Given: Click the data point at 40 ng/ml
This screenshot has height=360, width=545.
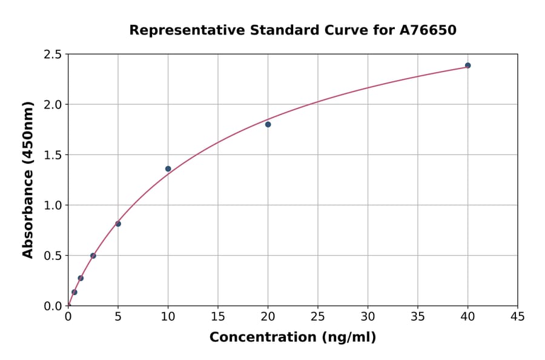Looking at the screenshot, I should coord(467,65).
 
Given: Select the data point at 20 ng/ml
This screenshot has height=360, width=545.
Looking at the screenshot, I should coord(268,124).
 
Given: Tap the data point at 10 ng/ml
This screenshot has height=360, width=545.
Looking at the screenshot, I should coord(168,168).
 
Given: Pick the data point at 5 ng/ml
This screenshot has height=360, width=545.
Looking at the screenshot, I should coord(118,224).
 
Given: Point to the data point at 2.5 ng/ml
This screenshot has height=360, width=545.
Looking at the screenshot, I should coord(93,256).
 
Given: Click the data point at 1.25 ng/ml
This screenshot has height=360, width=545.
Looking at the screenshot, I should coord(81,278).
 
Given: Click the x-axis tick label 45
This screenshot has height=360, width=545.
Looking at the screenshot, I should coord(518,316).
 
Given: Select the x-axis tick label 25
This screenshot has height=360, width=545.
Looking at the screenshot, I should coord(318,316).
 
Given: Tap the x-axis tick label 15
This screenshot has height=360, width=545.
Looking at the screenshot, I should coord(218,316).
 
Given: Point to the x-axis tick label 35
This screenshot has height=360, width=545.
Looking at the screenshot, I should coord(418,316).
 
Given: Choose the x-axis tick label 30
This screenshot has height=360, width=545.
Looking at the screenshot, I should coord(368,316).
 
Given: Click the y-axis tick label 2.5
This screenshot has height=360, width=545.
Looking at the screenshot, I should coord(53,55).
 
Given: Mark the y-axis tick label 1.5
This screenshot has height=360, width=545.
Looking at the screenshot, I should coord(53,155).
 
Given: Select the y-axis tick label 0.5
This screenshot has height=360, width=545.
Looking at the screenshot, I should coord(53,256).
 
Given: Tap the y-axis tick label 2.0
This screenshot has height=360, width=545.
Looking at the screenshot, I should coord(53,105).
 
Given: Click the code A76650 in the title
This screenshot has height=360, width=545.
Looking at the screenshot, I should coord(428,30).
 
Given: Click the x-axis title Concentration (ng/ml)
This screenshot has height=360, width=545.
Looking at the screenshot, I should coord(292,338).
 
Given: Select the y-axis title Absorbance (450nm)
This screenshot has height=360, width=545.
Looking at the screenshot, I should coord(28,179).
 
